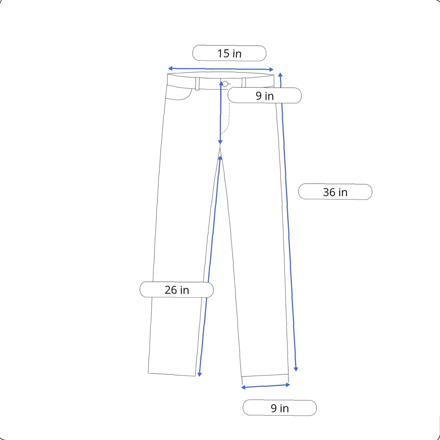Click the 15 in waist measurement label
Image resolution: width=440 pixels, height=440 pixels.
coord(229,53)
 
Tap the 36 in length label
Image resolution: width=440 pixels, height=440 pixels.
coord(335,192)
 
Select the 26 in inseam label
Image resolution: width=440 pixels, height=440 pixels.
coord(177,290)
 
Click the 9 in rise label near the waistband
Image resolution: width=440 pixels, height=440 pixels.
coord(265,96)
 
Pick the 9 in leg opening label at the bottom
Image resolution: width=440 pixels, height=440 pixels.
coord(280,408)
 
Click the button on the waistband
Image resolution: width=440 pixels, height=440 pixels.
coord(225,84)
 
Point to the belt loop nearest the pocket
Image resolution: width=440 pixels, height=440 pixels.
coord(197,83)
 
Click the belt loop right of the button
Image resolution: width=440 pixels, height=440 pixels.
coord(244,82)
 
